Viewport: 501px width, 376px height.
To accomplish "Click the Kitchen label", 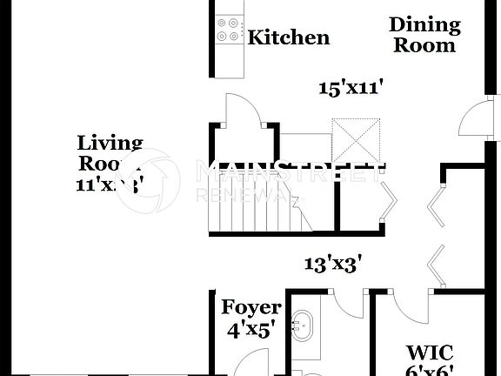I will coord(289,37).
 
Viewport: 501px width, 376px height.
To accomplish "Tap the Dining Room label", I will coord(424,35).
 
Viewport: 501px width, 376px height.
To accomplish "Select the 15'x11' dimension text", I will coord(351,87).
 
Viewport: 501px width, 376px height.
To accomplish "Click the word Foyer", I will coord(251,307).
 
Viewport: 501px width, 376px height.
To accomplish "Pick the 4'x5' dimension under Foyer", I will coord(250,330).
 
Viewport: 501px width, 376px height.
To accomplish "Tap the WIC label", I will coord(430,352).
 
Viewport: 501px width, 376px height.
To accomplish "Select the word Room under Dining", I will coord(424,45).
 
